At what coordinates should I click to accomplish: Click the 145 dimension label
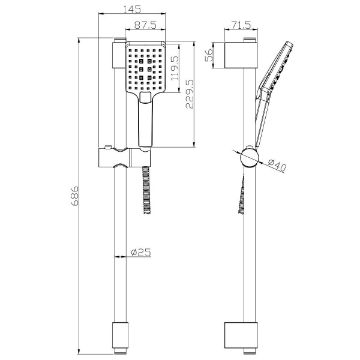[x=132, y=9]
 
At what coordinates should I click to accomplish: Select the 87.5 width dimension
[x=145, y=25]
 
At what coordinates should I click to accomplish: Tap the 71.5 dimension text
[x=241, y=25]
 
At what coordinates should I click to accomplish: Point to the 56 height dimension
[x=209, y=55]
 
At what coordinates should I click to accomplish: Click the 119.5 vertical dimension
[x=175, y=68]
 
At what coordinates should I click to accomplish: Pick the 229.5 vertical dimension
[x=190, y=94]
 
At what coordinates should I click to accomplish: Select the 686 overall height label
[x=74, y=196]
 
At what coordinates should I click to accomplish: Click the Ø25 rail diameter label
[x=141, y=253]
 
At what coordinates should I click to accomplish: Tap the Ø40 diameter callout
[x=277, y=165]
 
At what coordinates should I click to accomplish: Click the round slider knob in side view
[x=250, y=158]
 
